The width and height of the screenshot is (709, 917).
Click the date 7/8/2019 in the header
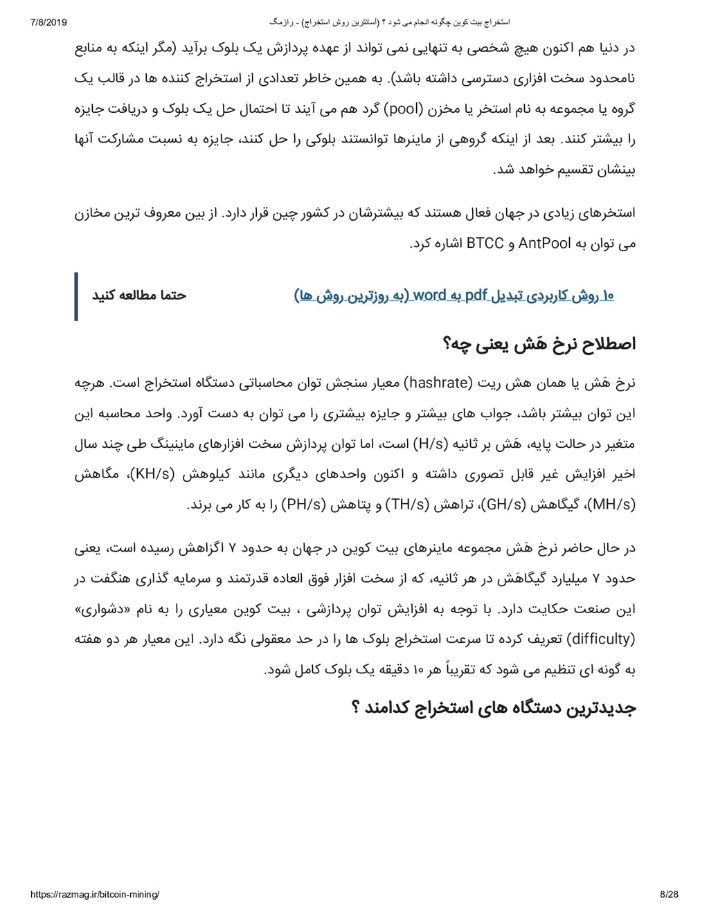click(48, 22)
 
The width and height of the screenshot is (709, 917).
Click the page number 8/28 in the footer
click(669, 894)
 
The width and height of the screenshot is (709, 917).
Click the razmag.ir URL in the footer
click(95, 894)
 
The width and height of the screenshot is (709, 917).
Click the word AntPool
click(544, 243)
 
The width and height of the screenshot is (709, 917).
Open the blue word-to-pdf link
click(454, 296)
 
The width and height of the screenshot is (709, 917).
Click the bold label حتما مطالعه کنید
click(139, 296)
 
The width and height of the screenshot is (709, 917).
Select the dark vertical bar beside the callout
click(76, 296)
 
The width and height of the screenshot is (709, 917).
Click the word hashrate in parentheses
click(438, 383)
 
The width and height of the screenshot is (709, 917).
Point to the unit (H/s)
click(431, 444)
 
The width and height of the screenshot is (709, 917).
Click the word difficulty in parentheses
click(600, 639)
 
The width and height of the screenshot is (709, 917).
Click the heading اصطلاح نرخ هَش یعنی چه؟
click(539, 344)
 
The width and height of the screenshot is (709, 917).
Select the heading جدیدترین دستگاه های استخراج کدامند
click(494, 707)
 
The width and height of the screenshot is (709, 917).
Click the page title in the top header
click(390, 22)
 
